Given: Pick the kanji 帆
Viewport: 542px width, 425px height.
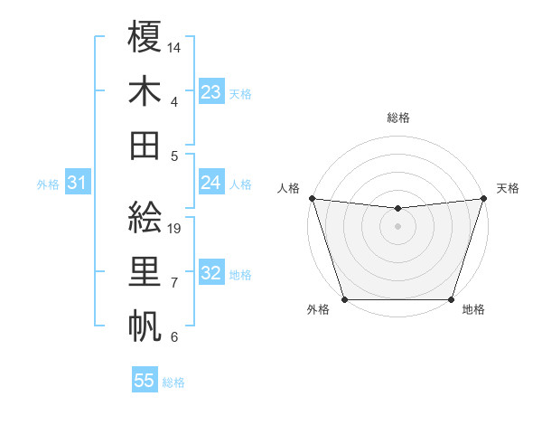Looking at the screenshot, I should (x=145, y=324).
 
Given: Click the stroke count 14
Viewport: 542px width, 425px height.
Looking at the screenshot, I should (x=175, y=47).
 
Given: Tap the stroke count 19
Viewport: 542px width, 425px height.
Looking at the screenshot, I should (x=175, y=228).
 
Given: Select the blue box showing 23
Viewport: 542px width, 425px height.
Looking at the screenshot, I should (x=210, y=91).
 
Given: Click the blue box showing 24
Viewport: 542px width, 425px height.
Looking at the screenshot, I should (x=210, y=183).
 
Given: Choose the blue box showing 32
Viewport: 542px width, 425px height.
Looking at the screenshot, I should (x=210, y=273).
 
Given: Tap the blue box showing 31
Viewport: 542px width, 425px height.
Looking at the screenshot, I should (x=77, y=183).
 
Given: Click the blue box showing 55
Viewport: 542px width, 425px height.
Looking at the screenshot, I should (x=145, y=381).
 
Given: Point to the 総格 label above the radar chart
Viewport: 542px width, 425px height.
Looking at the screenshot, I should (x=397, y=118).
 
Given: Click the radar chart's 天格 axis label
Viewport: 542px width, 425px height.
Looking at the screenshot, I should (x=508, y=188).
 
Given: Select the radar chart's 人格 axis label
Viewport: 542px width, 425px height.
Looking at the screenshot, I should (x=288, y=188).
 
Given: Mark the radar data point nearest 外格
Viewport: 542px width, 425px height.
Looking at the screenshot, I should (x=344, y=299).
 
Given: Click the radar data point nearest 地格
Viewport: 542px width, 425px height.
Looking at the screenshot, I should (x=451, y=299).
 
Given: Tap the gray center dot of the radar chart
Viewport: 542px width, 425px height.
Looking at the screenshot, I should (x=397, y=225).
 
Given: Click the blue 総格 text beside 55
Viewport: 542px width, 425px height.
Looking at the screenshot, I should (x=173, y=382).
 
